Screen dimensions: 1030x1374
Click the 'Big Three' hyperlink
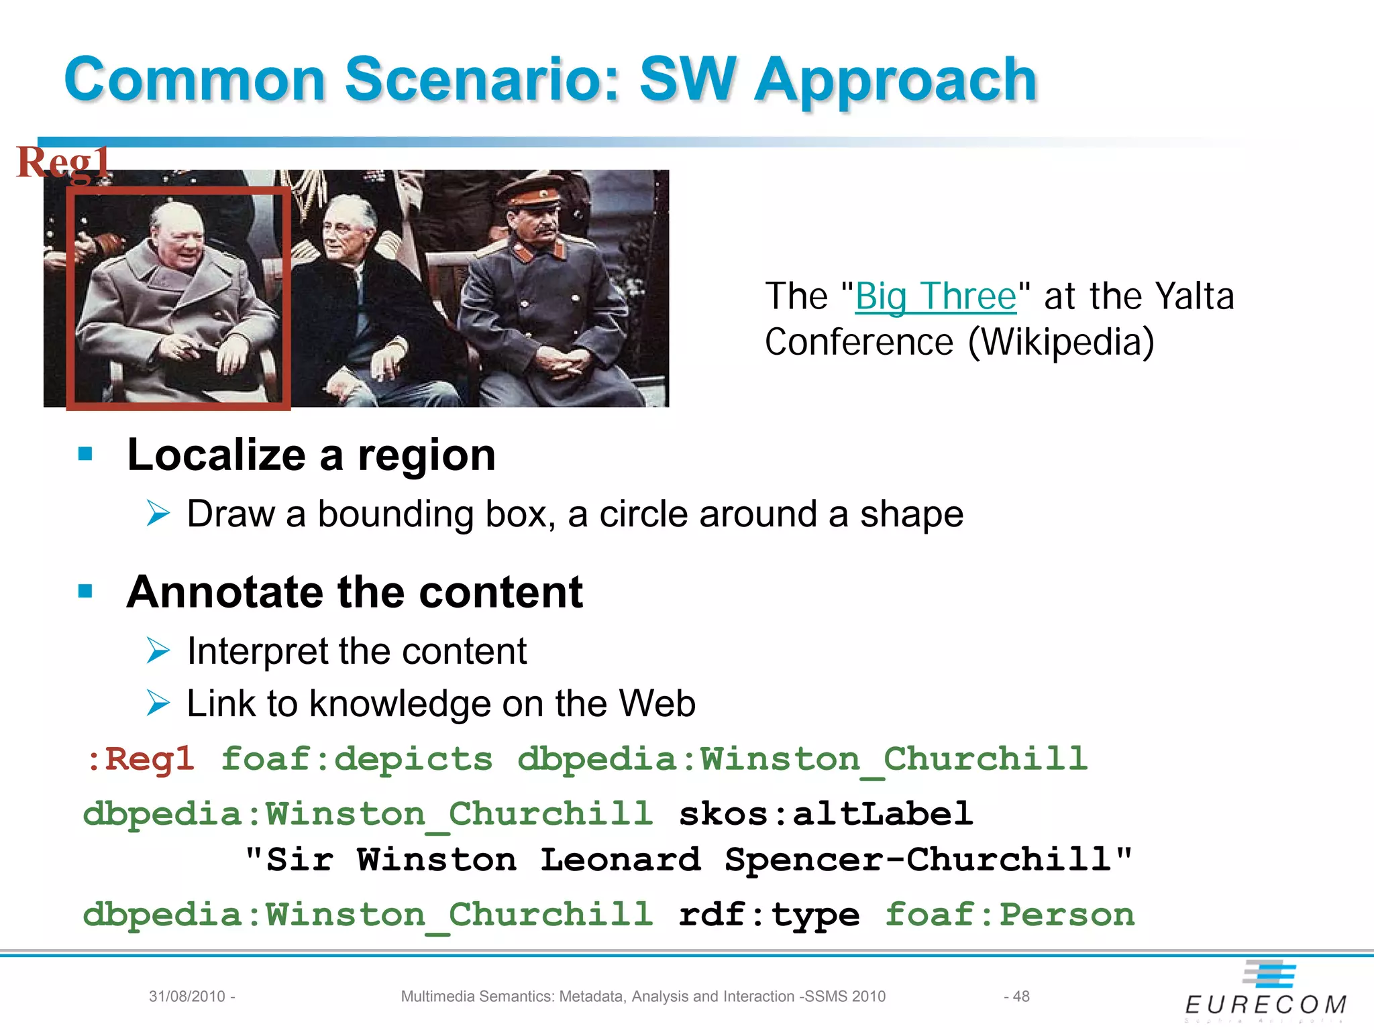coord(936,296)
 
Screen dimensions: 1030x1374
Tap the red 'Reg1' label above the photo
coord(63,162)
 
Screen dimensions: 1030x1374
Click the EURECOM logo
coord(1266,991)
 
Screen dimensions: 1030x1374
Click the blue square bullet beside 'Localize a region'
coord(85,455)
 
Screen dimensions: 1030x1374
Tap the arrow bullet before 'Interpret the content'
coord(158,650)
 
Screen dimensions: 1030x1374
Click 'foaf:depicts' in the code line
coord(357,759)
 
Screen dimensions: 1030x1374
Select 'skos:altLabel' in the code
coord(825,814)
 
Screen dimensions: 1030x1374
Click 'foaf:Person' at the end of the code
coord(1010,915)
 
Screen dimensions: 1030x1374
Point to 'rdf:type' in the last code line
coord(769,915)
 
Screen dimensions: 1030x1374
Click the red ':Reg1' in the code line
coord(141,759)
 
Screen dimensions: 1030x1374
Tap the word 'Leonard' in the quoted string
coord(621,860)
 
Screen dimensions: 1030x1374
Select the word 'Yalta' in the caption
coord(1195,296)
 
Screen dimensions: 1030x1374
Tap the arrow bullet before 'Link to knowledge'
coord(158,703)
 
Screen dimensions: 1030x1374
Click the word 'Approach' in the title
coord(896,80)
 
